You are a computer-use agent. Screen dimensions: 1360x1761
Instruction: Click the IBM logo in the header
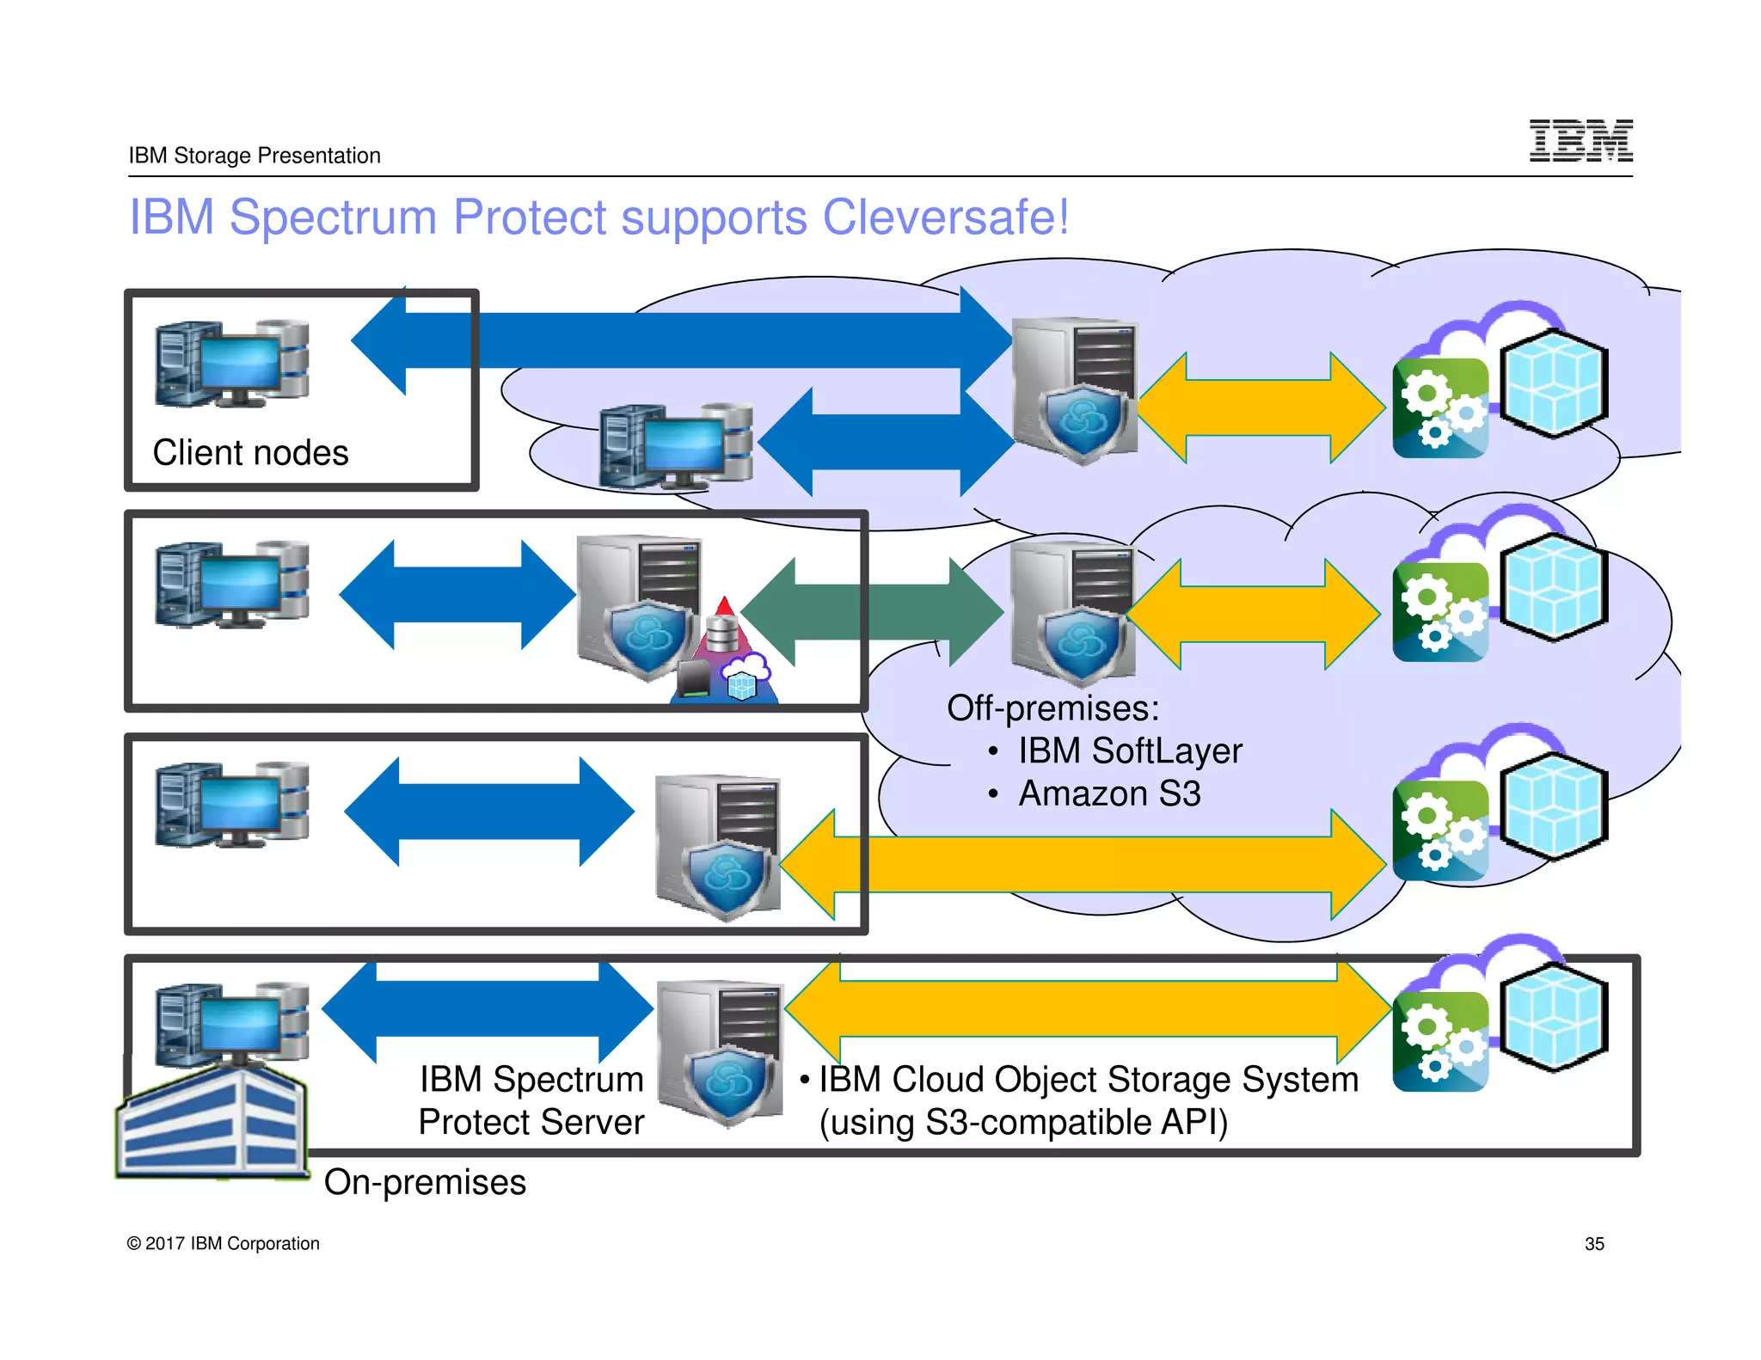(1580, 141)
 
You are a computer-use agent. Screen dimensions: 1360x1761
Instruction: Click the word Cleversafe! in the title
(946, 217)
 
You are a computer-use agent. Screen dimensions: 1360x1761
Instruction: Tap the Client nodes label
(250, 453)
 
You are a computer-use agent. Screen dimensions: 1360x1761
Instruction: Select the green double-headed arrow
(870, 611)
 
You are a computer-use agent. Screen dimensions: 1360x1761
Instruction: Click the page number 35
(1594, 1244)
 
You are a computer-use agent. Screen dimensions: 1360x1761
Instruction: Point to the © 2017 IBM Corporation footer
(224, 1244)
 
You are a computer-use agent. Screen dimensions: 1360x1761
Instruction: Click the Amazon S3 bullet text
(1109, 793)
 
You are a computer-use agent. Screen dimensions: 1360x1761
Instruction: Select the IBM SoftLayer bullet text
(1130, 750)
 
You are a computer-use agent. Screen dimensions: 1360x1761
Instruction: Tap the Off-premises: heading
(1052, 708)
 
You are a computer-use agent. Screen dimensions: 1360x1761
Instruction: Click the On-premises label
(425, 1182)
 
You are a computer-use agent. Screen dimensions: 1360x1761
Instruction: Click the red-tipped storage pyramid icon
(724, 653)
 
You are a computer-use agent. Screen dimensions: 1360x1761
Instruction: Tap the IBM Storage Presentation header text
(255, 156)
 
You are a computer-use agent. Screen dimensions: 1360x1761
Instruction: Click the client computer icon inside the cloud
(676, 445)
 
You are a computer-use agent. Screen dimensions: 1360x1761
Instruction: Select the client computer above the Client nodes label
(232, 364)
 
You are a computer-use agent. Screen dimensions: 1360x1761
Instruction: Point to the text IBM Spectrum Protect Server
(531, 1100)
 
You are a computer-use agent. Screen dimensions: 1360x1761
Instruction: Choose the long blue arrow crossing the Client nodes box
(679, 340)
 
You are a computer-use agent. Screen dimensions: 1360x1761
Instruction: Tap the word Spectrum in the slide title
(333, 217)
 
